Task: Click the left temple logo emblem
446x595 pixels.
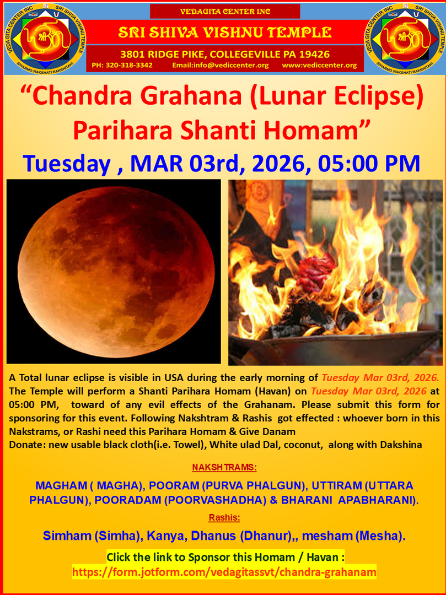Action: click(45, 39)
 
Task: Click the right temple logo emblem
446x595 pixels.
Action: click(404, 39)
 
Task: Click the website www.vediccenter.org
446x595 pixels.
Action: click(319, 65)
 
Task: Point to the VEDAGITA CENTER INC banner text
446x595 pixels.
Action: click(225, 12)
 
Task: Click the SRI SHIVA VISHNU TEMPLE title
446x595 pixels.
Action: click(225, 33)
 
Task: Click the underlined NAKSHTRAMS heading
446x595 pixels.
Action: click(224, 467)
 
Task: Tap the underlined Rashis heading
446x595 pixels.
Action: click(224, 517)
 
